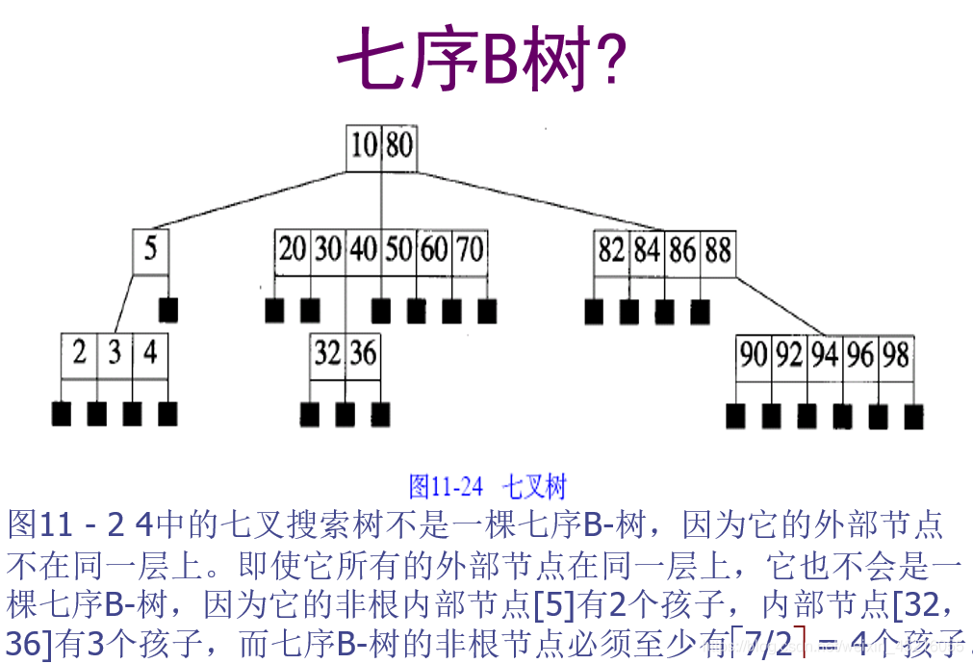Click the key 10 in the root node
pos(364,147)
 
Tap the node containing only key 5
pos(150,250)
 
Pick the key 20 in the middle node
pos(292,250)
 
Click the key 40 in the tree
pos(363,250)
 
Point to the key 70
pos(469,250)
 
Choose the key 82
pos(611,251)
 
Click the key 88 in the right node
pos(717,251)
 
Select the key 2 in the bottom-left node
pos(79,353)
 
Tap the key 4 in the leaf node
pos(149,353)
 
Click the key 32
pos(327,353)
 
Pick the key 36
pos(363,353)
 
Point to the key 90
pos(753,355)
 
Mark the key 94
pos(824,355)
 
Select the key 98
pos(895,355)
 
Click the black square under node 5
pos(168,310)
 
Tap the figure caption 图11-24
pos(446,486)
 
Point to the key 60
pos(433,250)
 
